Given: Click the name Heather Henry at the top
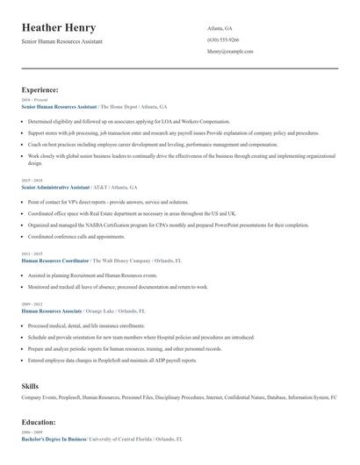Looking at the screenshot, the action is click(59, 28).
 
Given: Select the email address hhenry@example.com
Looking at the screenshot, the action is click(230, 52).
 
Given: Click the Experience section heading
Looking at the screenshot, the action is click(40, 89).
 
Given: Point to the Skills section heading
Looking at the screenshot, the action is click(30, 385).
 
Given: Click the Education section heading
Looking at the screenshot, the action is click(40, 422).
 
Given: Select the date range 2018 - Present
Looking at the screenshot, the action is click(34, 100).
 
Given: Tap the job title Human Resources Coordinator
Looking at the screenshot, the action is click(55, 261).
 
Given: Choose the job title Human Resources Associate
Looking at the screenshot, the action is click(53, 311).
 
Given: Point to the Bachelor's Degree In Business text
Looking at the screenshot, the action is click(54, 438).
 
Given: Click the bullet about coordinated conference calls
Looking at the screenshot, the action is click(76, 236).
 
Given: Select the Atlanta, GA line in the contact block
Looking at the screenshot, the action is click(220, 28).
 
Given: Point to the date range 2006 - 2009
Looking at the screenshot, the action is click(31, 432).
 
